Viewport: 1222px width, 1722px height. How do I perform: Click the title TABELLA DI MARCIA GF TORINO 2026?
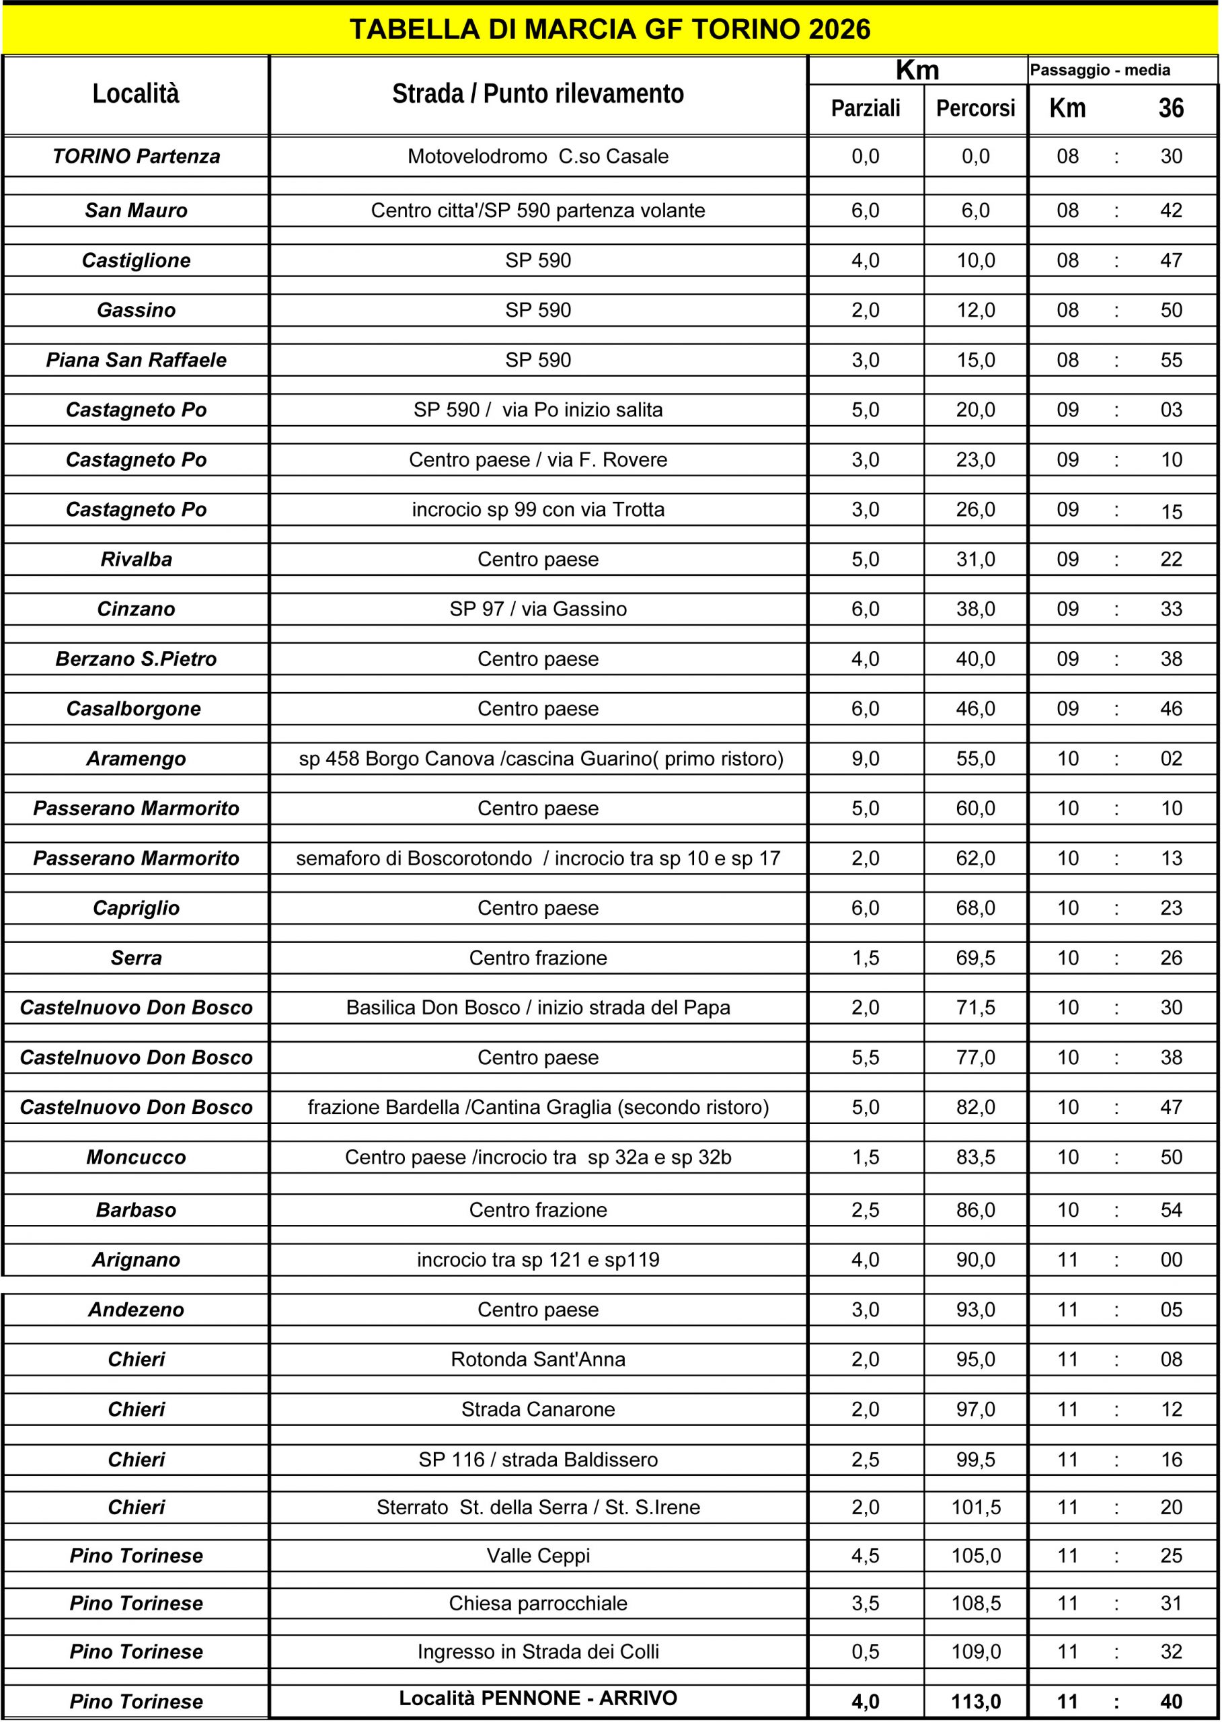[x=610, y=30]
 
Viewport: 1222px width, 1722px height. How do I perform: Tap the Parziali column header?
[x=866, y=108]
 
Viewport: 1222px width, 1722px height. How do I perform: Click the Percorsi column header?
[x=975, y=108]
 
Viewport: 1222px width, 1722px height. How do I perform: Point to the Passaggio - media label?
[x=1100, y=70]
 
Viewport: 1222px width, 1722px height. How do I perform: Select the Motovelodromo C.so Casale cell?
[x=538, y=157]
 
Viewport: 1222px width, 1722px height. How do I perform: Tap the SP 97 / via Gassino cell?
[x=538, y=609]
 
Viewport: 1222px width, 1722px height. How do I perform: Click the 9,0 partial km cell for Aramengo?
[x=866, y=759]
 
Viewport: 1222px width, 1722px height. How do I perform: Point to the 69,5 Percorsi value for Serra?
[x=975, y=957]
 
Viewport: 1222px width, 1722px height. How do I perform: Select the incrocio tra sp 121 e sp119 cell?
[x=538, y=1259]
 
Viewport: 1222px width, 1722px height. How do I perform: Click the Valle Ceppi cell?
[x=538, y=1555]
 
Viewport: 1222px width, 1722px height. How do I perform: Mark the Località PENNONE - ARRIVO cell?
[x=538, y=1698]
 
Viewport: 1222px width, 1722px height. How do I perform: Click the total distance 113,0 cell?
[x=975, y=1701]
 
